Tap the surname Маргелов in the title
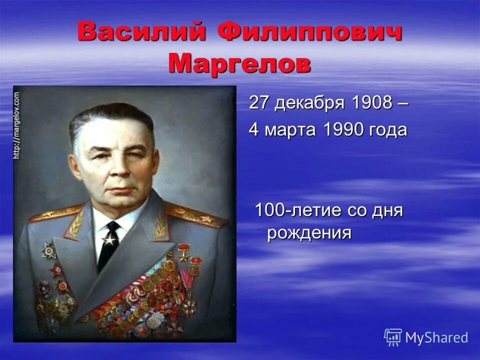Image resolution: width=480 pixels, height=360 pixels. click(239, 63)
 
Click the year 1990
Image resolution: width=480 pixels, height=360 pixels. click(343, 129)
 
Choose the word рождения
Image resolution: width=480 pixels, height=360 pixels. click(309, 233)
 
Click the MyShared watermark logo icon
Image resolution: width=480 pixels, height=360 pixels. click(393, 337)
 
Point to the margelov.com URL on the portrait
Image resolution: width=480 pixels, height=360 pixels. click(16, 125)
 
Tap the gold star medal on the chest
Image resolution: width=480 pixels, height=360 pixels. click(183, 255)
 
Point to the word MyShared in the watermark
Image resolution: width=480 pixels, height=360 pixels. click(436, 337)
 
